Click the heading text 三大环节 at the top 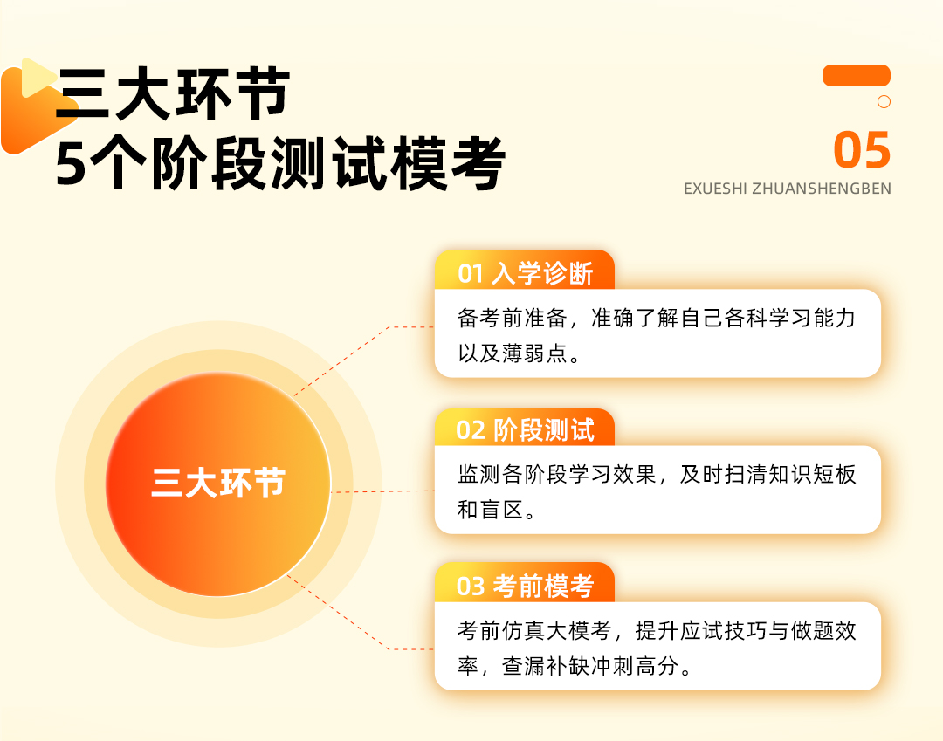click(173, 93)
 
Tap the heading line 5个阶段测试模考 click(280, 163)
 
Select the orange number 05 click(862, 149)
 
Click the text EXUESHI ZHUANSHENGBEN click(788, 189)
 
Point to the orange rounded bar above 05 click(857, 75)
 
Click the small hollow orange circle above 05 click(884, 101)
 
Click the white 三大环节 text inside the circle click(218, 484)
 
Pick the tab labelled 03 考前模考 click(525, 584)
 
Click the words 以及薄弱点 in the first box click(513, 353)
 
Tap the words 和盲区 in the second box click(490, 510)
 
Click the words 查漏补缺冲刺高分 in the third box click(590, 666)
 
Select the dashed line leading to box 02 click(382, 491)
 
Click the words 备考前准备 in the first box click(513, 318)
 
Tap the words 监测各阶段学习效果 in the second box click(556, 474)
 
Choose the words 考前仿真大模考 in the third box click(534, 630)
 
